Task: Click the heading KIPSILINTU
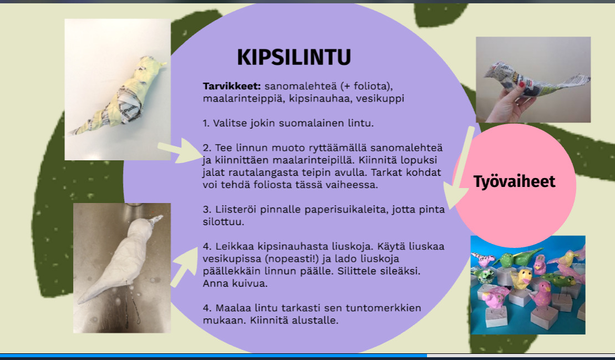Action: tap(294, 57)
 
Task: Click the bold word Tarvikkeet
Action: tap(231, 86)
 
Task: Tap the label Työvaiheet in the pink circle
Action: tap(514, 181)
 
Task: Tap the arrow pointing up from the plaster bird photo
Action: tap(184, 266)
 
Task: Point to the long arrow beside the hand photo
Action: tap(459, 168)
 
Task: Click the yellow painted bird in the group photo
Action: tap(521, 277)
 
